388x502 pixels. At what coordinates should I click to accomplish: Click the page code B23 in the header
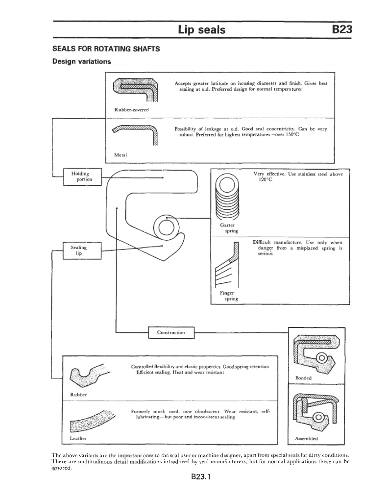(x=342, y=30)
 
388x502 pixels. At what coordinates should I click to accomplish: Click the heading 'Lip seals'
(x=202, y=30)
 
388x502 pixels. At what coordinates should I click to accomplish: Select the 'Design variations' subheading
(x=82, y=62)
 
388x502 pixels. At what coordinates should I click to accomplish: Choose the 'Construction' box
(x=171, y=333)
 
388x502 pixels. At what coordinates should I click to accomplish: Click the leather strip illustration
(x=93, y=419)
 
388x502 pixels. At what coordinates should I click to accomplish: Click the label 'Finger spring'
(x=229, y=296)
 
